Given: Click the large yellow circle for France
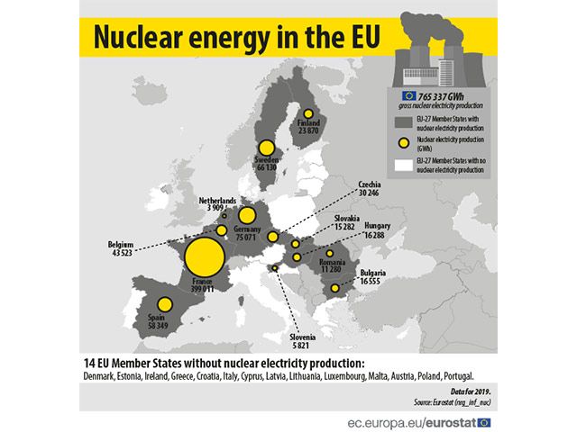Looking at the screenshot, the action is point(204,256).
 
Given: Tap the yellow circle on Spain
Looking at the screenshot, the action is point(164,306).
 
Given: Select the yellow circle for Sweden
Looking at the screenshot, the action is point(266,148).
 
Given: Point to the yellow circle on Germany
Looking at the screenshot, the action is point(246,216).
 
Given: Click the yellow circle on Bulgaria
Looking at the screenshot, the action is point(334,288).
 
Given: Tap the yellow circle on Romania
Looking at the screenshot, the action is point(330,253).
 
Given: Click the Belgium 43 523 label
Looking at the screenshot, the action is point(121,247).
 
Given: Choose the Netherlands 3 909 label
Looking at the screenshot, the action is point(218,203).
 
